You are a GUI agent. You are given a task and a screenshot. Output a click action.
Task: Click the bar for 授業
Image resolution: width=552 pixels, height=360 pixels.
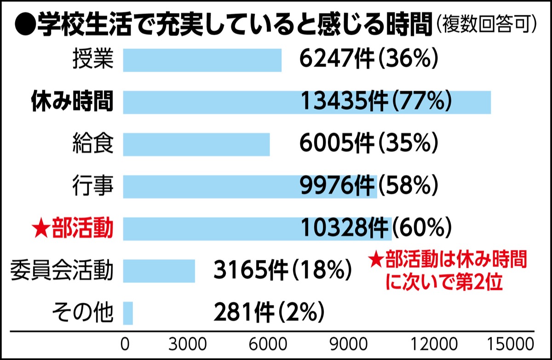(202, 60)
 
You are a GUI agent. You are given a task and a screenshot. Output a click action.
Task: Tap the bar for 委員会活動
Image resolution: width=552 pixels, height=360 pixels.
(159, 271)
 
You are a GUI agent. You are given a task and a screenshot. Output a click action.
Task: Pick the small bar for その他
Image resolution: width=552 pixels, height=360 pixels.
(128, 313)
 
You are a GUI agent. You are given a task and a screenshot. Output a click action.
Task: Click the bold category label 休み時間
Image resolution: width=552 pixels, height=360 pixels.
(72, 102)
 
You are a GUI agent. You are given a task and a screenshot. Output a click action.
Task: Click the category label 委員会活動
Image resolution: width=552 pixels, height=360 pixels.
(62, 271)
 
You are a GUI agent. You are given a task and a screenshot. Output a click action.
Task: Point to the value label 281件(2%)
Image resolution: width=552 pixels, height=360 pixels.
(269, 313)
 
